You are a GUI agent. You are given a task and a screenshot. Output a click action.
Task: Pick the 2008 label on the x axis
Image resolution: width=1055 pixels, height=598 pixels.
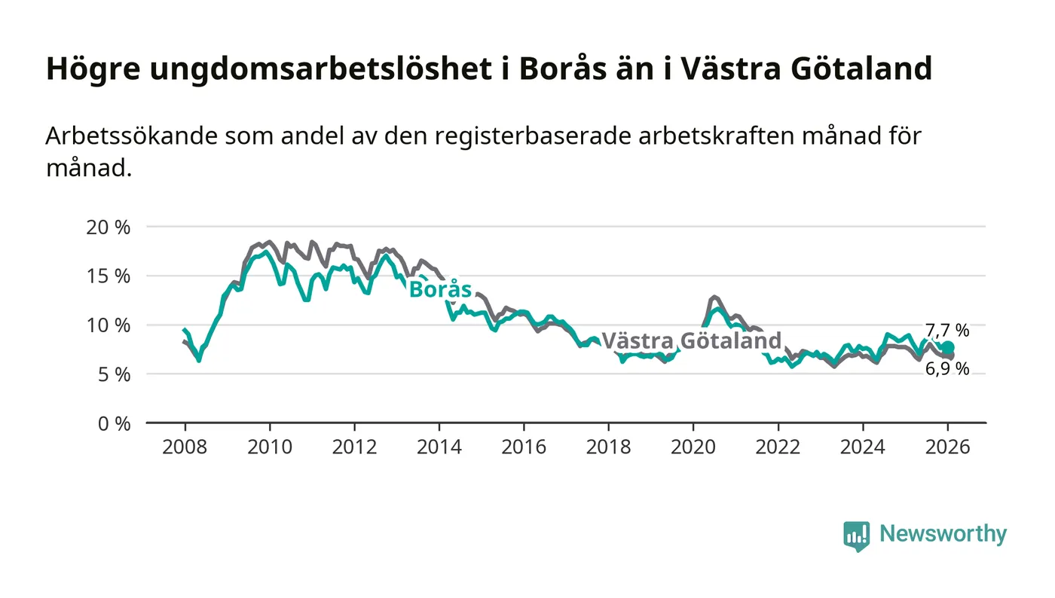(185, 446)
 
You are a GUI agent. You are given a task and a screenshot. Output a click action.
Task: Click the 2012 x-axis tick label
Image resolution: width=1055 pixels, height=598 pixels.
(354, 446)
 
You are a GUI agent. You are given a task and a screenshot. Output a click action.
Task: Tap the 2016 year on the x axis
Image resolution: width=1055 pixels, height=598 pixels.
(524, 446)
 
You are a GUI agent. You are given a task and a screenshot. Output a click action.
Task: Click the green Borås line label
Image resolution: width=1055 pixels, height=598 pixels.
(440, 290)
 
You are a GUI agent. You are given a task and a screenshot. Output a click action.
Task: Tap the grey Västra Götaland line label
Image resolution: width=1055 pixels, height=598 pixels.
(691, 340)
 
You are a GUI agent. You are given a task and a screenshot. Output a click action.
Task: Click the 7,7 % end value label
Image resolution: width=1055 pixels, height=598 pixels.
(947, 330)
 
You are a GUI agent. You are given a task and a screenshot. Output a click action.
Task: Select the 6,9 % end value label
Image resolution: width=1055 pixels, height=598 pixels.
(947, 369)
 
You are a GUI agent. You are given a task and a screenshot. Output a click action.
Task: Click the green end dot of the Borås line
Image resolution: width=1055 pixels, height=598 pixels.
(948, 347)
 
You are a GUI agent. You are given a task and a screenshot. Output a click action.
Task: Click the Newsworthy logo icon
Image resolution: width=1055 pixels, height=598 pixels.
(856, 535)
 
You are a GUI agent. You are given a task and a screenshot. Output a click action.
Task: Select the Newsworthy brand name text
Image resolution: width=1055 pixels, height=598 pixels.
(943, 534)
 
